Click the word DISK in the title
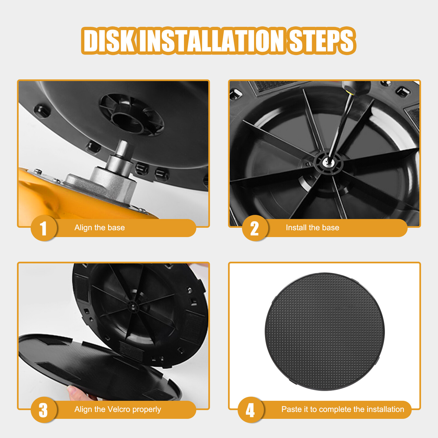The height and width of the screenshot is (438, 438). pyautogui.click(x=109, y=41)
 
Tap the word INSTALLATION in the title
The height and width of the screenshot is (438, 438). pyautogui.click(x=212, y=41)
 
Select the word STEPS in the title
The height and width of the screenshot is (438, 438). pyautogui.click(x=321, y=41)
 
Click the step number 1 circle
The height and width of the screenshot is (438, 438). pyautogui.click(x=44, y=228)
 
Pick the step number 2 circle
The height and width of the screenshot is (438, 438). pyautogui.click(x=255, y=228)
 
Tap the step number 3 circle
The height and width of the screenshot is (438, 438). pyautogui.click(x=44, y=410)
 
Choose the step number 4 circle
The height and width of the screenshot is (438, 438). pyautogui.click(x=250, y=410)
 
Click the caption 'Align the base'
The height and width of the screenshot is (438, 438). pyautogui.click(x=100, y=228)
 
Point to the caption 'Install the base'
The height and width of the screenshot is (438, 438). pyautogui.click(x=312, y=228)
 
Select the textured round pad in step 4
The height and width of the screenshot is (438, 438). pyautogui.click(x=325, y=332)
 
